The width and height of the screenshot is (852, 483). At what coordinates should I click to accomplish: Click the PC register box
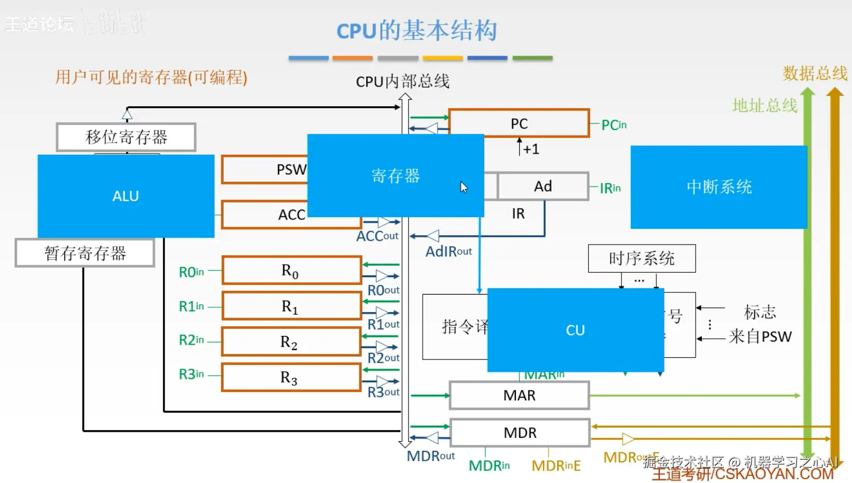pos(519,124)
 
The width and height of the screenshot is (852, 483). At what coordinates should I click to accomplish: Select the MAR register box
pos(519,395)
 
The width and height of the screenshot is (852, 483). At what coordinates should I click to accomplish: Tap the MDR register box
pos(520,433)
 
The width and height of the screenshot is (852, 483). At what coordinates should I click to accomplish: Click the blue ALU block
pos(126,196)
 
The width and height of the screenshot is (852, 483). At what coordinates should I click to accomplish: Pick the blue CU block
pos(575,330)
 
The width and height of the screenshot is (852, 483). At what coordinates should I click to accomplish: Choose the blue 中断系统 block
pos(719,187)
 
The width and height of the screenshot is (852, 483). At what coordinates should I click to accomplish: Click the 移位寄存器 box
pos(126,137)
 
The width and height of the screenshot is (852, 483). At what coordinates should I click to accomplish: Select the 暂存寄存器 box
pos(85,253)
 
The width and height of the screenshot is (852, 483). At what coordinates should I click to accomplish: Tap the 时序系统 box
pos(642,259)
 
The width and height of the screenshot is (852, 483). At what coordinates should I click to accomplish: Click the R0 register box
pos(291,271)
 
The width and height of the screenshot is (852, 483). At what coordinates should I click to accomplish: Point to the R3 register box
pos(291,377)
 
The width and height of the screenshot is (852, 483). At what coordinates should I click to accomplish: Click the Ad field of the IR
pos(543,187)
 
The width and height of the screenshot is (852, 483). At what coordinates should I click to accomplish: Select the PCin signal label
pos(613,125)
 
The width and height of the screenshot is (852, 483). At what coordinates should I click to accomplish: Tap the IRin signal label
pos(610,188)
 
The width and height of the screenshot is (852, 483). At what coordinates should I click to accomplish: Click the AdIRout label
pos(448,252)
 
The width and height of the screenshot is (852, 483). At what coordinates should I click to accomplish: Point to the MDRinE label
pos(556,466)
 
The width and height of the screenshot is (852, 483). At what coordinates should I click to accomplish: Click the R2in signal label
pos(191,340)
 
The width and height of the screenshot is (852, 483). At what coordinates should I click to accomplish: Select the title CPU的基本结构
pos(417,30)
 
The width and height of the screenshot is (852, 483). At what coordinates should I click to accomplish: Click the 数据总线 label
pos(815,74)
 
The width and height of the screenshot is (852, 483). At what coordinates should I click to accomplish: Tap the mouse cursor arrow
pos(463,187)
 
